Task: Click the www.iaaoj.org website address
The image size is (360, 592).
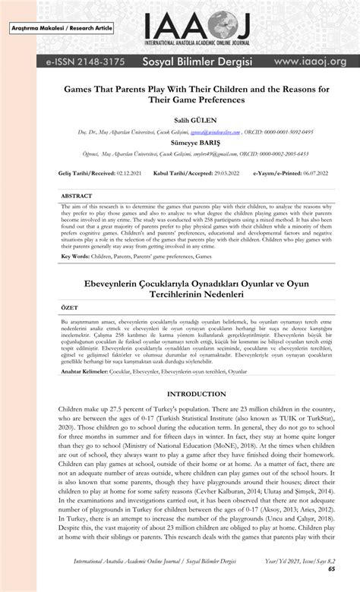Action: (310, 60)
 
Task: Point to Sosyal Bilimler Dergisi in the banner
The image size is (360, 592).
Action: (197, 60)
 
